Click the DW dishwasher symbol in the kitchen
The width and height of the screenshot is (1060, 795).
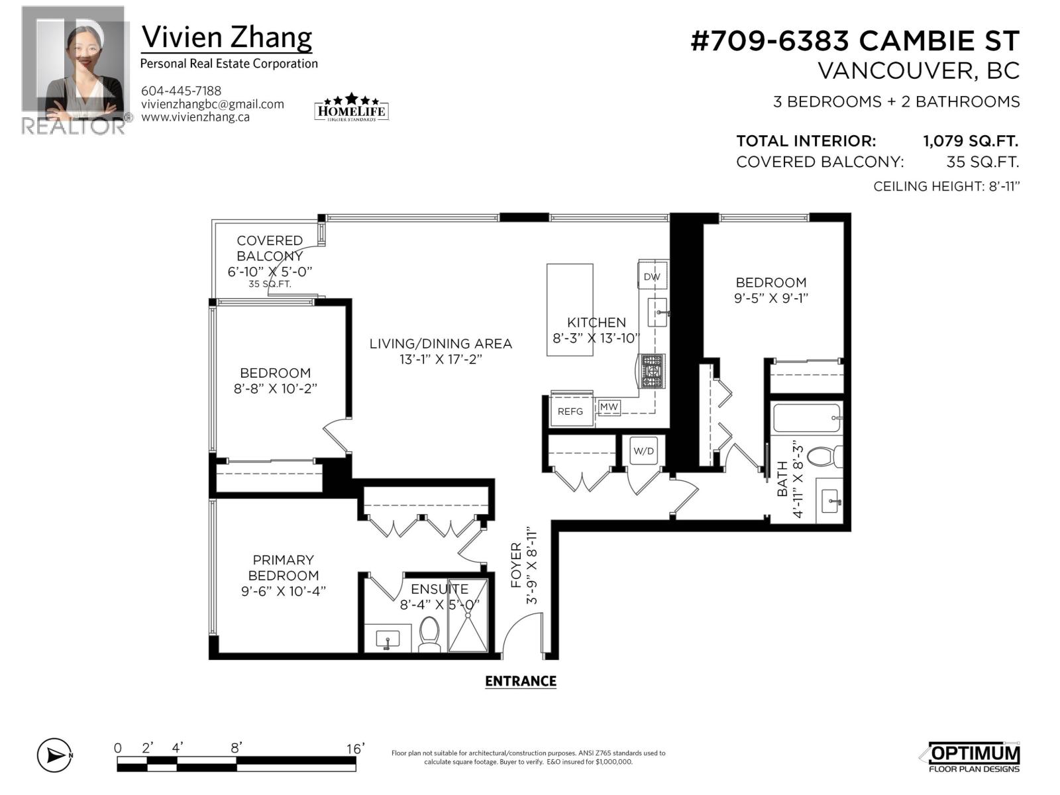(x=652, y=277)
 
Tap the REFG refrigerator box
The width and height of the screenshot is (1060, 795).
(x=570, y=411)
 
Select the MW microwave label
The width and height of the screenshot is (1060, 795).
(x=609, y=407)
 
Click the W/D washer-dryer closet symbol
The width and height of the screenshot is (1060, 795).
(x=643, y=451)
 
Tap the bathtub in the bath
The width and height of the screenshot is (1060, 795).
(x=807, y=418)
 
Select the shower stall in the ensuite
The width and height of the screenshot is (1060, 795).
(x=468, y=616)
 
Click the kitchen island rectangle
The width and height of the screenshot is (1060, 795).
(x=570, y=309)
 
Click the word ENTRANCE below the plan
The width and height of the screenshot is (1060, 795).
(x=520, y=681)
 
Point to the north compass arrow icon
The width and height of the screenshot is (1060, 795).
(x=55, y=755)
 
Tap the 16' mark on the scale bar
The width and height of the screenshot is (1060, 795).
(x=355, y=749)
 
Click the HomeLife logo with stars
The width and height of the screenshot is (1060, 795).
(x=351, y=107)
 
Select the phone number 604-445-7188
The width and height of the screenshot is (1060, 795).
(x=181, y=91)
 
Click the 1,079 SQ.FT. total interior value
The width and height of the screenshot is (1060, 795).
(x=970, y=141)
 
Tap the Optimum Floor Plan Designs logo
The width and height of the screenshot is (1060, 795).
(x=971, y=757)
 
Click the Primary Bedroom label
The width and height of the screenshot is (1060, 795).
(x=284, y=568)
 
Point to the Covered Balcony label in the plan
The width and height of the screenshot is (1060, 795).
(x=270, y=248)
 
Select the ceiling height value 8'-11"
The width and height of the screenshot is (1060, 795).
(x=1002, y=186)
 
